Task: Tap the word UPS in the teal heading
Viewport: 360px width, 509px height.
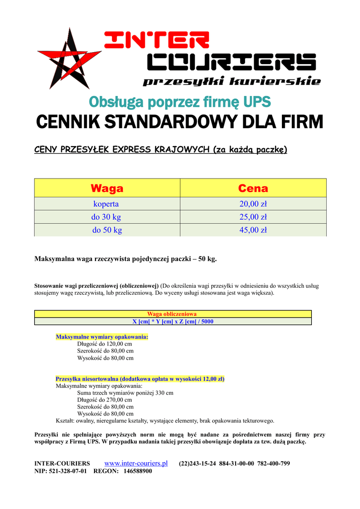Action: pos(258,102)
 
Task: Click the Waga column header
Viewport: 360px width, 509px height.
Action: pos(107,188)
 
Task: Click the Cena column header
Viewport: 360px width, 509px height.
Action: pos(253,188)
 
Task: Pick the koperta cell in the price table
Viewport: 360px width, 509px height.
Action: pos(106,204)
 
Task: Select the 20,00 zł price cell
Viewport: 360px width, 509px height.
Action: pos(253,204)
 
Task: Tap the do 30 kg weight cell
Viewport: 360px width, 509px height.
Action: pos(106,217)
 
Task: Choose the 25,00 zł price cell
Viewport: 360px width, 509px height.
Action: pos(253,217)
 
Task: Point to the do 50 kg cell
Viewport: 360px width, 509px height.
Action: pos(106,230)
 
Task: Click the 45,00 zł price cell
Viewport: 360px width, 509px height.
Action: pos(253,230)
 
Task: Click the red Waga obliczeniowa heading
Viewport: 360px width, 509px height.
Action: pos(172,314)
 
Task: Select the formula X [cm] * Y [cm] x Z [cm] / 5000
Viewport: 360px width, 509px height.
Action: pos(173,321)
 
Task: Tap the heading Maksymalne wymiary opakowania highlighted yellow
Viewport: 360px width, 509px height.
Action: pos(102,337)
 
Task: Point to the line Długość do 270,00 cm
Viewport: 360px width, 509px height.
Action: pos(104,400)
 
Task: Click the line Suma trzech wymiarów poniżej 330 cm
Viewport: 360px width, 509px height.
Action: pos(125,393)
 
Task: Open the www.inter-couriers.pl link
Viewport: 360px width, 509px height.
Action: pos(136,463)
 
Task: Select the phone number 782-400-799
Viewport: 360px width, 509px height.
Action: pos(273,464)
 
